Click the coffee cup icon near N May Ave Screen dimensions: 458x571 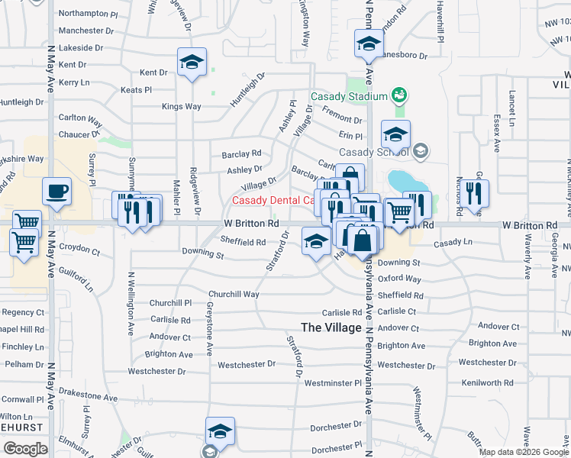pos(56,191)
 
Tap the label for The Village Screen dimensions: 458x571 pos(331,327)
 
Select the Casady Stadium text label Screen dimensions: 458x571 pos(349,97)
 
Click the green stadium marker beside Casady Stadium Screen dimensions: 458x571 pos(398,95)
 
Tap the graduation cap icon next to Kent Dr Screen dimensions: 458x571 pos(192,63)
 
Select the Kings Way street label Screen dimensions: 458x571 pos(182,107)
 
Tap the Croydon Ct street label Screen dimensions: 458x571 pos(79,250)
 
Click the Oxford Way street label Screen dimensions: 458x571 pos(399,279)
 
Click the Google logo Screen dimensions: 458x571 pos(25,448)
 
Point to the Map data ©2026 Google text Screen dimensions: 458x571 pos(524,452)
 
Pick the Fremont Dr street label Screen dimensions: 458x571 pos(341,120)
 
